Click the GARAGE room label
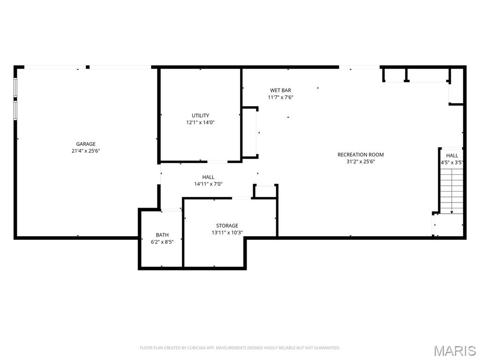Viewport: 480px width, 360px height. pos(86,144)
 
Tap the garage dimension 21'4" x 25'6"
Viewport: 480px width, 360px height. pos(86,151)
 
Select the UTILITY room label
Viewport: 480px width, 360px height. pos(200,115)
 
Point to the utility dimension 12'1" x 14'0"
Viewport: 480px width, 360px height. pos(200,122)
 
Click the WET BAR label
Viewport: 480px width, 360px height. pos(280,90)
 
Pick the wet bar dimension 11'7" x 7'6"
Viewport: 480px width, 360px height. pos(280,97)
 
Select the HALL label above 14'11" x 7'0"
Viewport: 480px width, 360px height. pos(208,177)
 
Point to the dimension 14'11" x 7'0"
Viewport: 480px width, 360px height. pos(208,184)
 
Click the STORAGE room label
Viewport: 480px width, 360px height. pos(227,225)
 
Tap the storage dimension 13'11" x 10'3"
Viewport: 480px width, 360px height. pos(227,232)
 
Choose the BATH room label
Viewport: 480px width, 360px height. pos(162,235)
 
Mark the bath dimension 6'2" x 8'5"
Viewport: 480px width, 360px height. pos(162,242)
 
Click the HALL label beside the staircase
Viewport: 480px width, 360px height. pos(452,156)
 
